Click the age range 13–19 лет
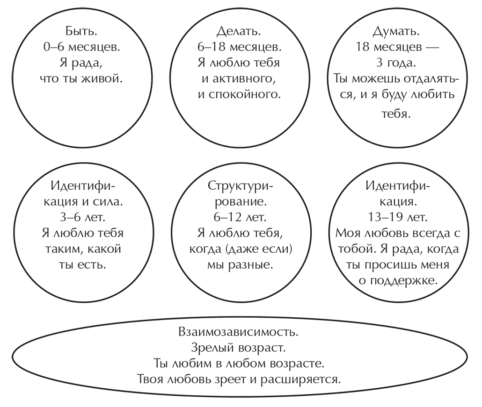click(x=397, y=217)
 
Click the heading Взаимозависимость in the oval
click(x=238, y=333)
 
